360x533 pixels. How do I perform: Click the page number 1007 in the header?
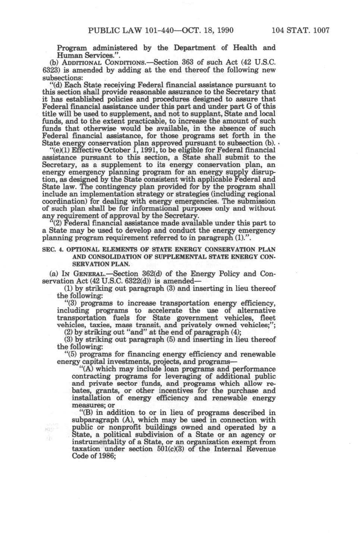(319, 30)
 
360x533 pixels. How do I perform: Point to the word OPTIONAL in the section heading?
(80, 250)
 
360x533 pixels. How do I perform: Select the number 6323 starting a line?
(49, 70)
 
